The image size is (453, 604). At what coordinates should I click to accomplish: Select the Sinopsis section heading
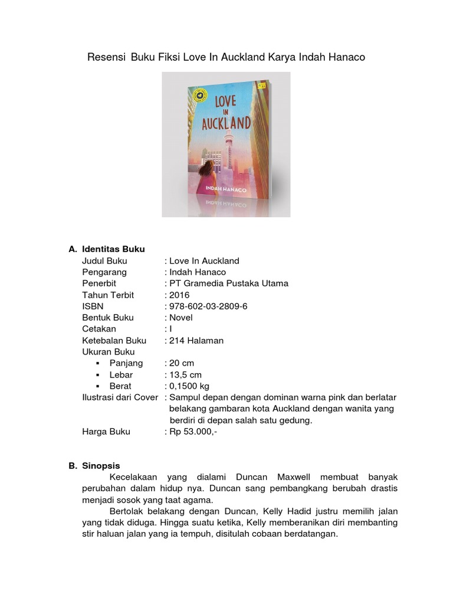101,465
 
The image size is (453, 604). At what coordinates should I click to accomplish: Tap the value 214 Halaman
196,340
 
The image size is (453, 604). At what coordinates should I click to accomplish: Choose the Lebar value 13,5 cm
185,375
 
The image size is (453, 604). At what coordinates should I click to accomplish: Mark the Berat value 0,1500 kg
189,386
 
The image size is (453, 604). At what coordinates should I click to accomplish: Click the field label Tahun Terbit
108,295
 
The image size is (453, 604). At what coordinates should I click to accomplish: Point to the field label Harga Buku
106,431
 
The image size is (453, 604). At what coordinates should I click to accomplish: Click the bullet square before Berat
99,386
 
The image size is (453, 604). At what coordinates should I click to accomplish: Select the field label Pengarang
104,272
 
